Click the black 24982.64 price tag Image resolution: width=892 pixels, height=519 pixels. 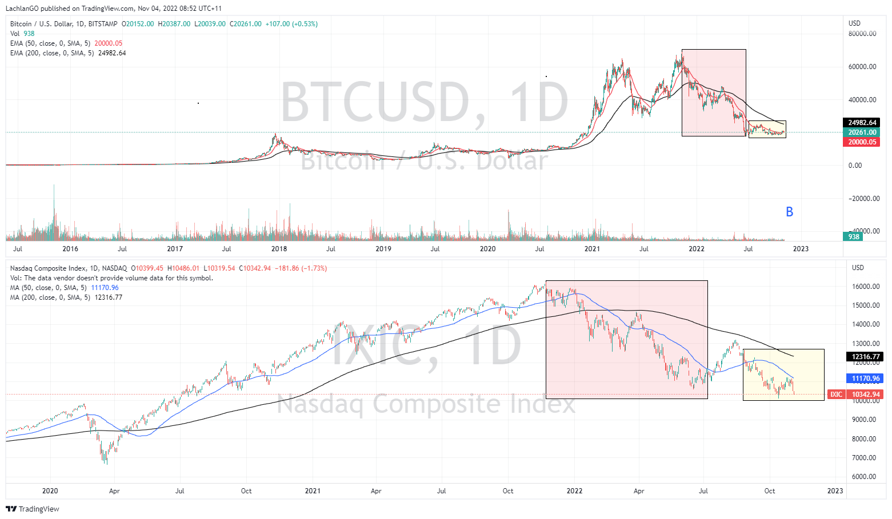tap(862, 123)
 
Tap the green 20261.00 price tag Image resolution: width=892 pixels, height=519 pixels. tap(862, 132)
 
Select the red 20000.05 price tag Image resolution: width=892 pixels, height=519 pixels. tap(862, 142)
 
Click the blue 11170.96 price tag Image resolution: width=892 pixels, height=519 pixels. tap(866, 379)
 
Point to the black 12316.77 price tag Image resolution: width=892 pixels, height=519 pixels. tap(866, 357)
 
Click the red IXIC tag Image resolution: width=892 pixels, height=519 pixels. tap(836, 395)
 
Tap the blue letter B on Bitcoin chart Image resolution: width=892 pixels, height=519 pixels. tap(789, 212)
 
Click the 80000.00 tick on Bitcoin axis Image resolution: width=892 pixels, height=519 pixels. tap(862, 34)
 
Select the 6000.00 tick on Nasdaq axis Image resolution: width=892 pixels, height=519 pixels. tap(866, 477)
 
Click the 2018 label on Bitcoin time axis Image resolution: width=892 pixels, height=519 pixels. tap(279, 249)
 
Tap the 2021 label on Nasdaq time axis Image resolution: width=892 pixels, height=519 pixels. tap(313, 491)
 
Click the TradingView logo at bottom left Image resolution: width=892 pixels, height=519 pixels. tap(33, 509)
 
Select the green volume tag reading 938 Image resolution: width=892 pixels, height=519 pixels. tap(853, 237)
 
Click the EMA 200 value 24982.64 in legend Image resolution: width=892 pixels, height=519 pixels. tap(112, 53)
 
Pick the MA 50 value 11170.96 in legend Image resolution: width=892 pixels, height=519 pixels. tap(105, 288)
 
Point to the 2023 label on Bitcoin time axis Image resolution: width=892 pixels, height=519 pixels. tap(801, 249)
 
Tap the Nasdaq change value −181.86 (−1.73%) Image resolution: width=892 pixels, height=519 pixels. tap(301, 268)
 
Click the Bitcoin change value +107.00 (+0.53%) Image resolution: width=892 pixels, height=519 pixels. tap(291, 24)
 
